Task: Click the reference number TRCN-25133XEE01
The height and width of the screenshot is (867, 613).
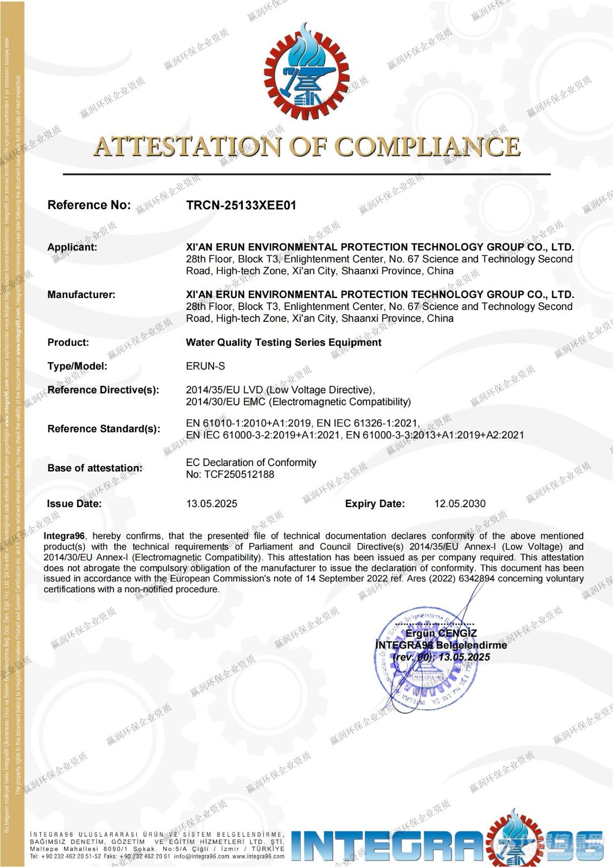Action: click(x=241, y=205)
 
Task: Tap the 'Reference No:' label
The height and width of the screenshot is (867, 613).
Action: click(x=89, y=205)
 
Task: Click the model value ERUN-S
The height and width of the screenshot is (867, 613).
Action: click(x=205, y=366)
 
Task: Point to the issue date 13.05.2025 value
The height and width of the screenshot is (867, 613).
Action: click(x=211, y=504)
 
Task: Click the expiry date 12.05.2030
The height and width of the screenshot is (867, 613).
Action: click(x=460, y=504)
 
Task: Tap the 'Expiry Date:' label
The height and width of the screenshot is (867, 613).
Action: click(x=375, y=504)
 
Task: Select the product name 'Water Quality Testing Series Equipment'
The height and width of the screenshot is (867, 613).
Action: click(x=283, y=342)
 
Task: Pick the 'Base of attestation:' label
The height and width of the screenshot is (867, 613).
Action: click(x=95, y=468)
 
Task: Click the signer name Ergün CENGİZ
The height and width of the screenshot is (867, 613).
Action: click(x=441, y=633)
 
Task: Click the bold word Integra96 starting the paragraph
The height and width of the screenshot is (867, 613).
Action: click(x=64, y=536)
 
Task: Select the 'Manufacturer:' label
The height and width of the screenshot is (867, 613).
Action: click(x=81, y=295)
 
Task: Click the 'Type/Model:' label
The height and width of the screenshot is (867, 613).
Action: click(x=77, y=366)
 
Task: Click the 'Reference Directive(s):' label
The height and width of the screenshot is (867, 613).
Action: click(x=103, y=390)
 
